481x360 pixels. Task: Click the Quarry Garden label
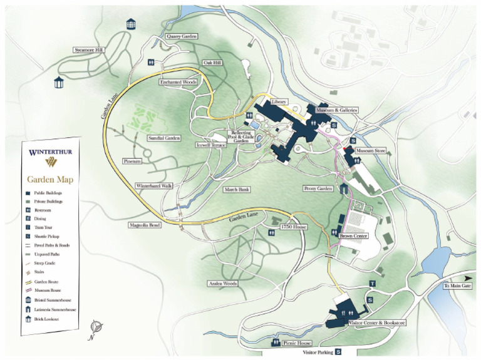coord(182,37)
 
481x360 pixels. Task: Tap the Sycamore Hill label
coord(88,50)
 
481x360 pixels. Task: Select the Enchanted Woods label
coord(178,83)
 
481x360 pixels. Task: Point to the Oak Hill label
coord(213,63)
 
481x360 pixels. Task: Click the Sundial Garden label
coord(163,138)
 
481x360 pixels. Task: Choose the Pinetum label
coord(133,161)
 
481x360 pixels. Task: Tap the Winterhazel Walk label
coord(153,186)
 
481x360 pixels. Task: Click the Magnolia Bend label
coord(145,224)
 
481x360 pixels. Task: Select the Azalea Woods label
coord(222,284)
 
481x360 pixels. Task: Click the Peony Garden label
coord(318,188)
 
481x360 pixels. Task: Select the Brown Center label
coord(354,236)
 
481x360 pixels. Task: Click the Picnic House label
coord(296,343)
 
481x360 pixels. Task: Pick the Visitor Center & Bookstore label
coord(376,323)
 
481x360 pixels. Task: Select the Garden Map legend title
coord(49,180)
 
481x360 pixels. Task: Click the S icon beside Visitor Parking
coord(338,352)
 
